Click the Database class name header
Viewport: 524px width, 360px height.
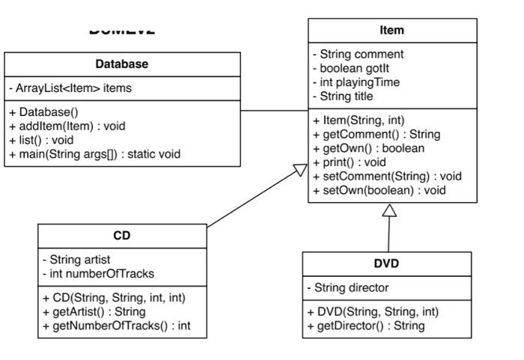(x=121, y=64)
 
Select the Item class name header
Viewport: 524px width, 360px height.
(x=392, y=31)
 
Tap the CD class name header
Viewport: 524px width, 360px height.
(x=121, y=236)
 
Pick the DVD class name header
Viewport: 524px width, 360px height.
(x=386, y=263)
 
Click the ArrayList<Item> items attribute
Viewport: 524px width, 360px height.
(x=70, y=88)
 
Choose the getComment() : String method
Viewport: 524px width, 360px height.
(x=376, y=134)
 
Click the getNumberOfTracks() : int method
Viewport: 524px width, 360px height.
(x=116, y=326)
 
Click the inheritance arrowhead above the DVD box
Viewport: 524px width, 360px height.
(x=389, y=211)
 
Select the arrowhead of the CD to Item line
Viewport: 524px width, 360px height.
(x=299, y=171)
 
